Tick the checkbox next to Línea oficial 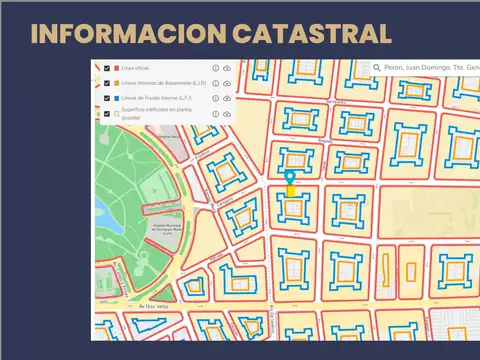107,68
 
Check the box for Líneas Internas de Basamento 107,83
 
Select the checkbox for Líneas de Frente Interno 107,98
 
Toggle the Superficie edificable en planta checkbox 107,114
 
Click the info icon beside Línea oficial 215,68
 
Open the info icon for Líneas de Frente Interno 215,98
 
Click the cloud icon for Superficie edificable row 227,114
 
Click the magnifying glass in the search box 376,68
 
